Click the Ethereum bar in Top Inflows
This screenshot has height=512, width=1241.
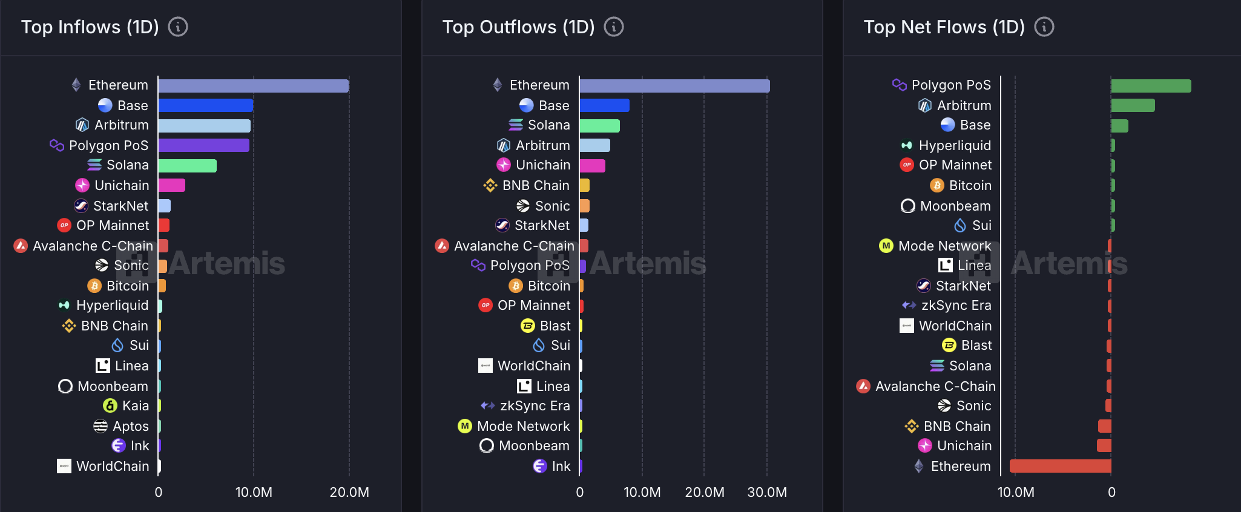tap(253, 86)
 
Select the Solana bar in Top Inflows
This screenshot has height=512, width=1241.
tap(187, 166)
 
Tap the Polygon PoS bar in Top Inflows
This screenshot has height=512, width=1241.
tap(203, 145)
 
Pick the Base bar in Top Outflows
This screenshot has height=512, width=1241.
tap(604, 105)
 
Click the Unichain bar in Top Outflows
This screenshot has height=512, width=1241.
tap(592, 166)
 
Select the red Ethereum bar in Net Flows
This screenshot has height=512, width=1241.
tap(1060, 466)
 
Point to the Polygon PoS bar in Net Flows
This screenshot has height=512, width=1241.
tap(1151, 86)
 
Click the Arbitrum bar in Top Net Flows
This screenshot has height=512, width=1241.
tap(1133, 105)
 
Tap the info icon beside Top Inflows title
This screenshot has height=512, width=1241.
tap(178, 27)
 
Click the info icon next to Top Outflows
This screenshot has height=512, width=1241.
tap(614, 27)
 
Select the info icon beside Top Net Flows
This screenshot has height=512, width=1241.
tap(1044, 27)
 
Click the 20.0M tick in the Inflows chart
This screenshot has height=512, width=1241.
tap(349, 492)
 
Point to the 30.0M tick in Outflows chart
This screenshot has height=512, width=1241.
tap(767, 492)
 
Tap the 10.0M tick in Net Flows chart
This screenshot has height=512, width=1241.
tap(1016, 492)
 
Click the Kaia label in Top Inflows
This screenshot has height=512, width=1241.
tap(136, 405)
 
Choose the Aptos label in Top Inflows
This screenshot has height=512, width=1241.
tap(131, 426)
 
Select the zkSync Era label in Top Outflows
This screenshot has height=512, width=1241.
tap(535, 405)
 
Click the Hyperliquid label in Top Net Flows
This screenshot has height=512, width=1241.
tap(955, 145)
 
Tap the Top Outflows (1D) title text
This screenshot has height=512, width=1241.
tap(518, 27)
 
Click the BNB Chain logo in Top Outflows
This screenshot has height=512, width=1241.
tap(490, 185)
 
